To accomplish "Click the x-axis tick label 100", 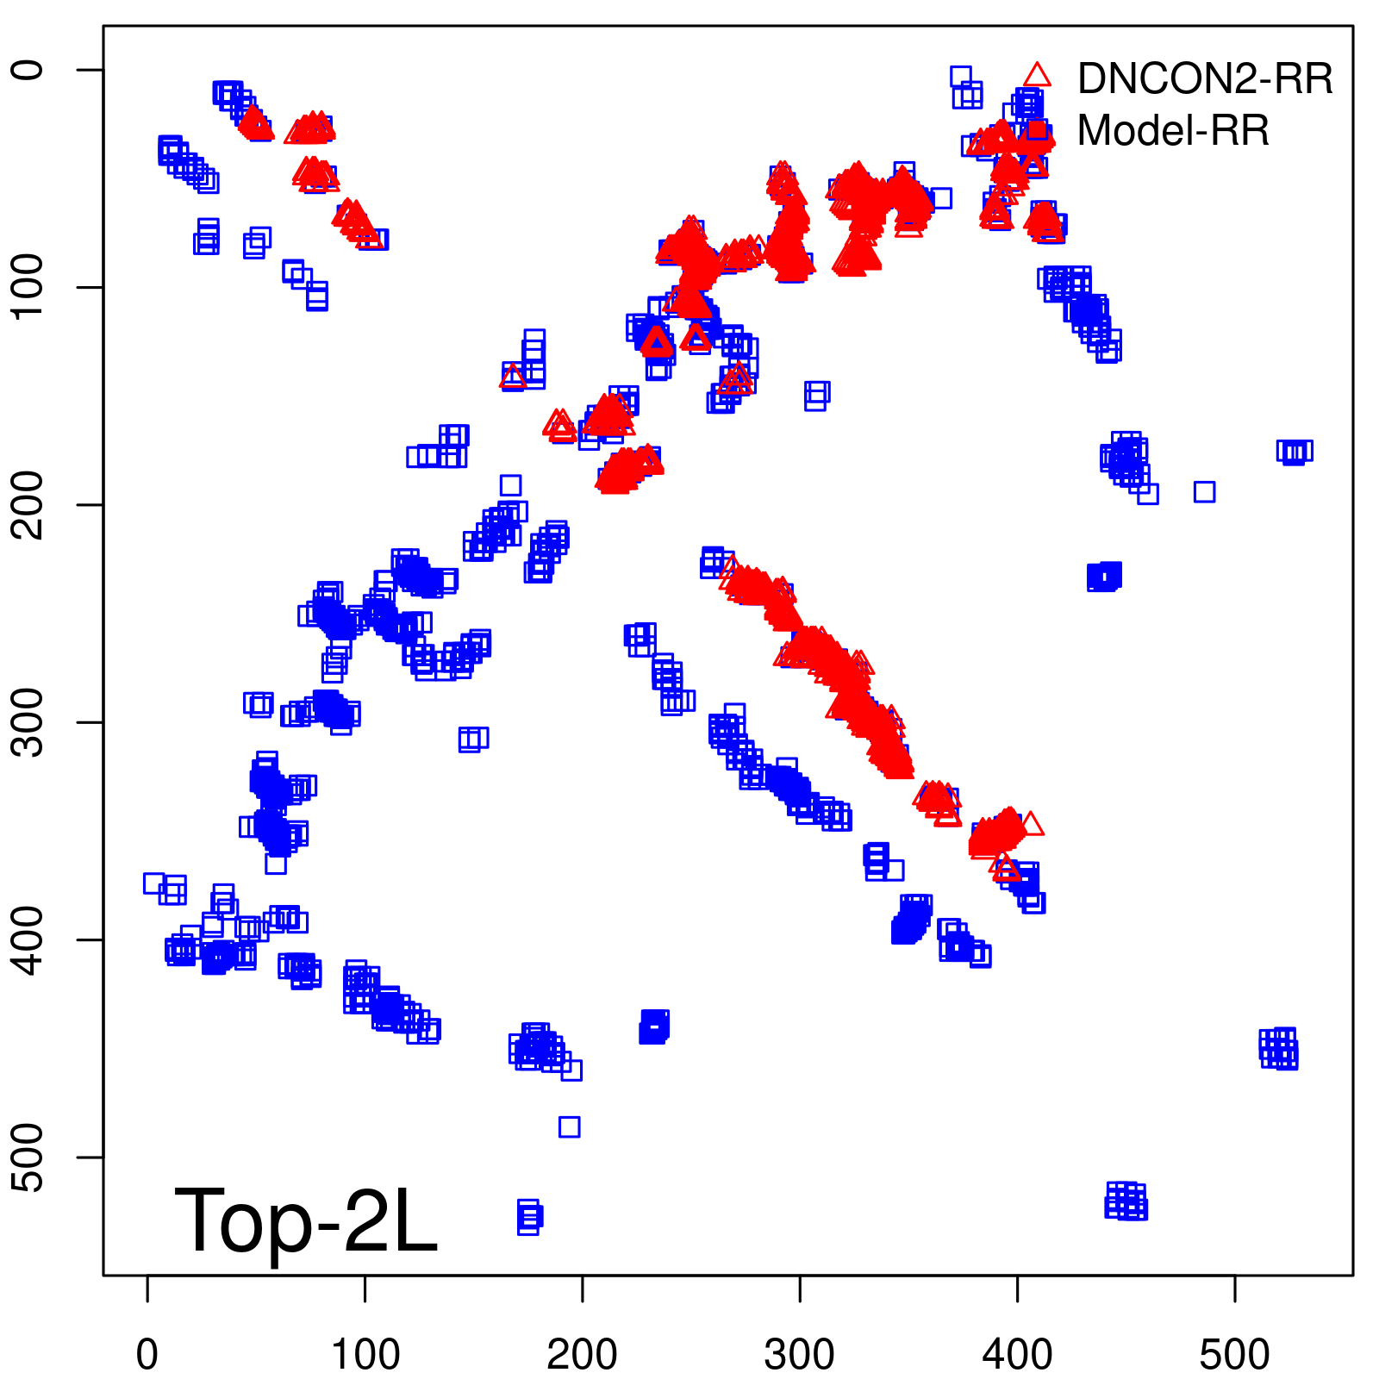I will pos(365,1354).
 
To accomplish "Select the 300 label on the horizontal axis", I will pos(800,1354).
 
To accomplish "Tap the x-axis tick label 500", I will pos(1234,1354).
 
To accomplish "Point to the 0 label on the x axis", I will pos(147,1354).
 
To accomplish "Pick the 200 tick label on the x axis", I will pos(583,1354).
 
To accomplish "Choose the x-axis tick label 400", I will pos(1017,1354).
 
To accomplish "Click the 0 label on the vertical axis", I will pos(29,70).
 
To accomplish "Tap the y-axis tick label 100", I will pos(29,287).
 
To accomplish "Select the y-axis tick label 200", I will pos(29,505).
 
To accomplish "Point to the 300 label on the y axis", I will pos(29,722).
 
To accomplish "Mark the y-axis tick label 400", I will pos(29,939).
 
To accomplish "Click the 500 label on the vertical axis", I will pos(29,1157).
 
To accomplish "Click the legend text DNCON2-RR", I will pos(1205,79).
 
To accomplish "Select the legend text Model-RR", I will pos(1173,131).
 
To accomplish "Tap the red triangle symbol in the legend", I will pos(1037,76).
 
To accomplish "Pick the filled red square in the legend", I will pos(1037,131).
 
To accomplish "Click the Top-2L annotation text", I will pos(306,1220).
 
